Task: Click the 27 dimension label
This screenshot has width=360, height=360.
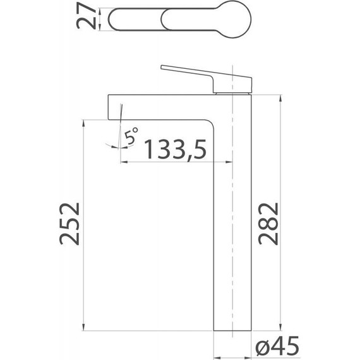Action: pos(86,16)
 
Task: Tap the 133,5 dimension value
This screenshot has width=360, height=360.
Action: pos(176,149)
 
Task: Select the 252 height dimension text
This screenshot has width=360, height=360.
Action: pos(70,224)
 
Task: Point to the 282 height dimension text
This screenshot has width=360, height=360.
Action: pos(268,224)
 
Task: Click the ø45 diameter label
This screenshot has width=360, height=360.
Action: pos(277,345)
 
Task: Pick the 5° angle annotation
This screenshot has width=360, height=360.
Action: pos(131,135)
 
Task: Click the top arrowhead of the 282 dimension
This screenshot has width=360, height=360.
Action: pos(280,99)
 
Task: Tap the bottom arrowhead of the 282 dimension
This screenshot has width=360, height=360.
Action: pos(280,327)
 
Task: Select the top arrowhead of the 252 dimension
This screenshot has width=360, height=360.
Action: pos(83,124)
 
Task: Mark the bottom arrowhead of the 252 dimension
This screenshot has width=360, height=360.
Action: pos(83,327)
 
